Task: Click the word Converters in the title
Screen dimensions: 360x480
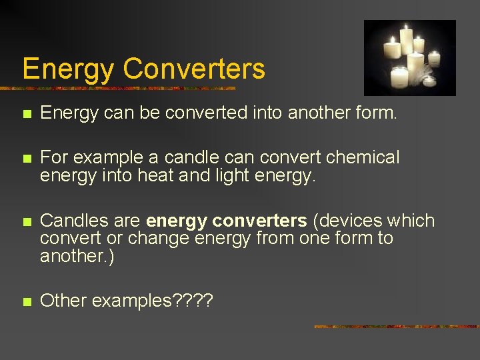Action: pyautogui.click(x=194, y=69)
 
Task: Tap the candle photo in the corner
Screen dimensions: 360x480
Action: pyautogui.click(x=410, y=57)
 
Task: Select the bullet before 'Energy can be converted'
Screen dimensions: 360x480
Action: pyautogui.click(x=26, y=115)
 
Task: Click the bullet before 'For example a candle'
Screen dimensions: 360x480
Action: pyautogui.click(x=26, y=159)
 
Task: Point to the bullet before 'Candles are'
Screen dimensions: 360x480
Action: pyautogui.click(x=26, y=222)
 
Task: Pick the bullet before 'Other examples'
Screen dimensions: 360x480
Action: pyautogui.click(x=26, y=301)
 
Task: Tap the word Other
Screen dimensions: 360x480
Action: pyautogui.click(x=63, y=301)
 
